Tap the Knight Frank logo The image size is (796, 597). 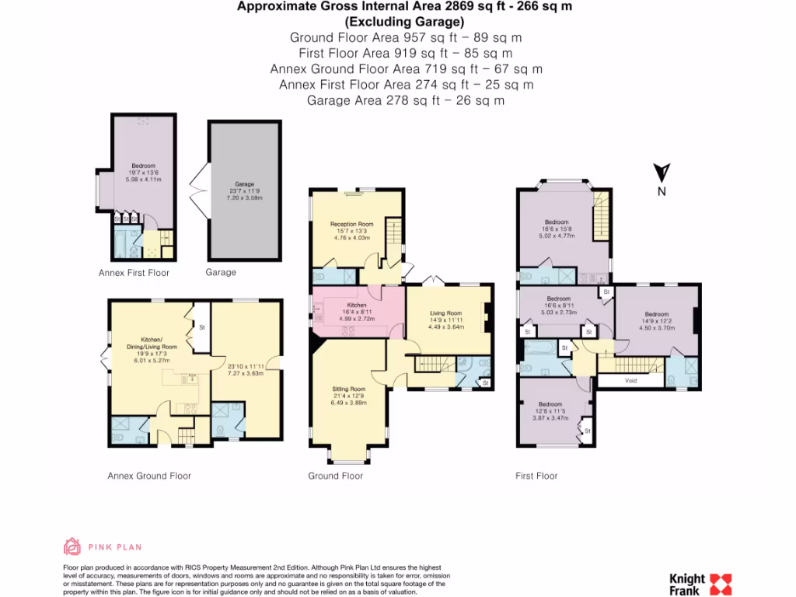700,584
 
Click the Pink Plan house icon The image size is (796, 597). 72,546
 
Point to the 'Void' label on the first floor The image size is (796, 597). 630,381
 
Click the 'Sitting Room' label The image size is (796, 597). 348,389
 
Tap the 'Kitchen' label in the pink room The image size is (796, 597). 357,305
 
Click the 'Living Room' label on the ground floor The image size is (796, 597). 446,313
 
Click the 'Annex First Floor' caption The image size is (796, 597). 134,273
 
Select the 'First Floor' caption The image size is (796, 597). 536,476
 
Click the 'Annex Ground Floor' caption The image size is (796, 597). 149,476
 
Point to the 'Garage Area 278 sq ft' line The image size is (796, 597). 406,100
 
